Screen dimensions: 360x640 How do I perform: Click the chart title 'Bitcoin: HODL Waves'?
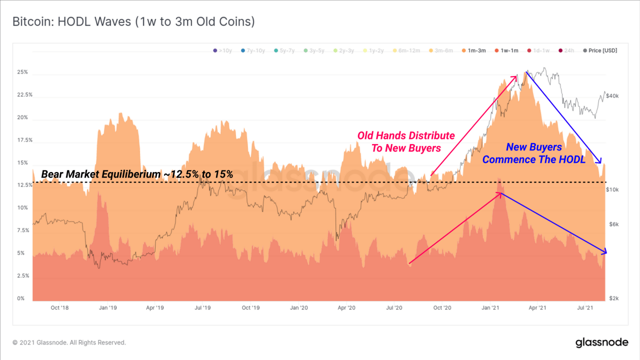click(x=133, y=22)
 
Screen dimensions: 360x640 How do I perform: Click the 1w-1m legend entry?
click(x=506, y=50)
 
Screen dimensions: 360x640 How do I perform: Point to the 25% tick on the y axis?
click(x=22, y=72)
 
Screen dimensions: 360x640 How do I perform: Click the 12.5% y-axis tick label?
click(x=24, y=185)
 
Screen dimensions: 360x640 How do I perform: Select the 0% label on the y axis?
click(x=20, y=298)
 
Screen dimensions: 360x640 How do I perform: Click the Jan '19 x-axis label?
click(x=108, y=307)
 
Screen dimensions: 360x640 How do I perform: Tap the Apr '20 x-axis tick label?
click(x=346, y=307)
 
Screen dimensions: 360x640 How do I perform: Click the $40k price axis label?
click(x=612, y=95)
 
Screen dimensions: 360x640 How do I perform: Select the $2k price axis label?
click(x=613, y=298)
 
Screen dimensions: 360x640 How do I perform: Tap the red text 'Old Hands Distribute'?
click(x=406, y=135)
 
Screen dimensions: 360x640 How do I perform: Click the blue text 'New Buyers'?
click(x=533, y=147)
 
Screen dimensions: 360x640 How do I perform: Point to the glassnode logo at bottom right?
click(x=601, y=342)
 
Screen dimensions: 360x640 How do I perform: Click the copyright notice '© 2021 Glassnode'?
click(x=69, y=342)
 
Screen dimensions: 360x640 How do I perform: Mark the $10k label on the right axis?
click(x=612, y=190)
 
